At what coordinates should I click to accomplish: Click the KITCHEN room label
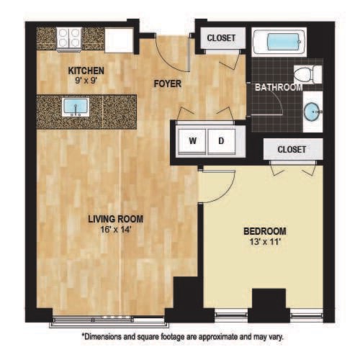86,71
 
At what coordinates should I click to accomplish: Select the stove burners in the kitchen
69,37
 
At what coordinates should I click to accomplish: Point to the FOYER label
168,84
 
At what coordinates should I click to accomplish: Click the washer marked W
193,140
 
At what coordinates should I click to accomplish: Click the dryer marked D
222,140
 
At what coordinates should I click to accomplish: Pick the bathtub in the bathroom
279,40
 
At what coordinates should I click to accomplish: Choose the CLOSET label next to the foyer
221,38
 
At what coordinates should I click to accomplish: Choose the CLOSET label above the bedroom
291,149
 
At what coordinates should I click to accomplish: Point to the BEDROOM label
264,231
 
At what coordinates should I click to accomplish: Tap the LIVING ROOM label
115,219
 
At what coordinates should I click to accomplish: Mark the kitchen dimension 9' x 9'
86,81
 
